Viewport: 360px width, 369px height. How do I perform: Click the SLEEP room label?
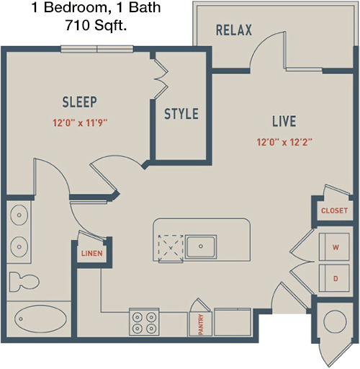tap(80, 102)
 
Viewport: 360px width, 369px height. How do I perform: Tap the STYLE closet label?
tap(181, 114)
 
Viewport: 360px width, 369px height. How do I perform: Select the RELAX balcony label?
tap(234, 30)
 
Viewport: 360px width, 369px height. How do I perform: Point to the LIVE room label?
tap(284, 121)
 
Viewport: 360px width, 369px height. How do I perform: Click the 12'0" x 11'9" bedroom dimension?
tap(80, 123)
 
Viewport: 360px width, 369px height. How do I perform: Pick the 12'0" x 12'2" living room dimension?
tap(284, 142)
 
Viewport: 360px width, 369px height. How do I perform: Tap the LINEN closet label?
tap(92, 254)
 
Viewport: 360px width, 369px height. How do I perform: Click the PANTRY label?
tap(201, 324)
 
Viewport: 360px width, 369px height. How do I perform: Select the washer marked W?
tap(334, 246)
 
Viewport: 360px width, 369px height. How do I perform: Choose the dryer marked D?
tap(334, 278)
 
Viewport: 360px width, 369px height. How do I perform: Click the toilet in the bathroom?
tap(24, 282)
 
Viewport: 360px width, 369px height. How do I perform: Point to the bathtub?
tap(40, 319)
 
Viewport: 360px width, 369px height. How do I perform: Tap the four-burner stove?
tap(144, 321)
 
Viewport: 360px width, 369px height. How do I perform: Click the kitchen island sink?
tap(201, 246)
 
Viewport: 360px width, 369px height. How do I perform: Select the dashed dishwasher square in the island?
tap(171, 248)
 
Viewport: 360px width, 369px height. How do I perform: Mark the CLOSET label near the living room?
tap(334, 210)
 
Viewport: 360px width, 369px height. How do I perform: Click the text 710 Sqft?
tap(96, 25)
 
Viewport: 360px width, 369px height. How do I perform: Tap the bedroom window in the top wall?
tap(97, 49)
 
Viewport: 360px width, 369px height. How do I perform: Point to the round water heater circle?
tap(335, 321)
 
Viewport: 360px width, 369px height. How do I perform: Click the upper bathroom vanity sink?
tap(19, 215)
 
